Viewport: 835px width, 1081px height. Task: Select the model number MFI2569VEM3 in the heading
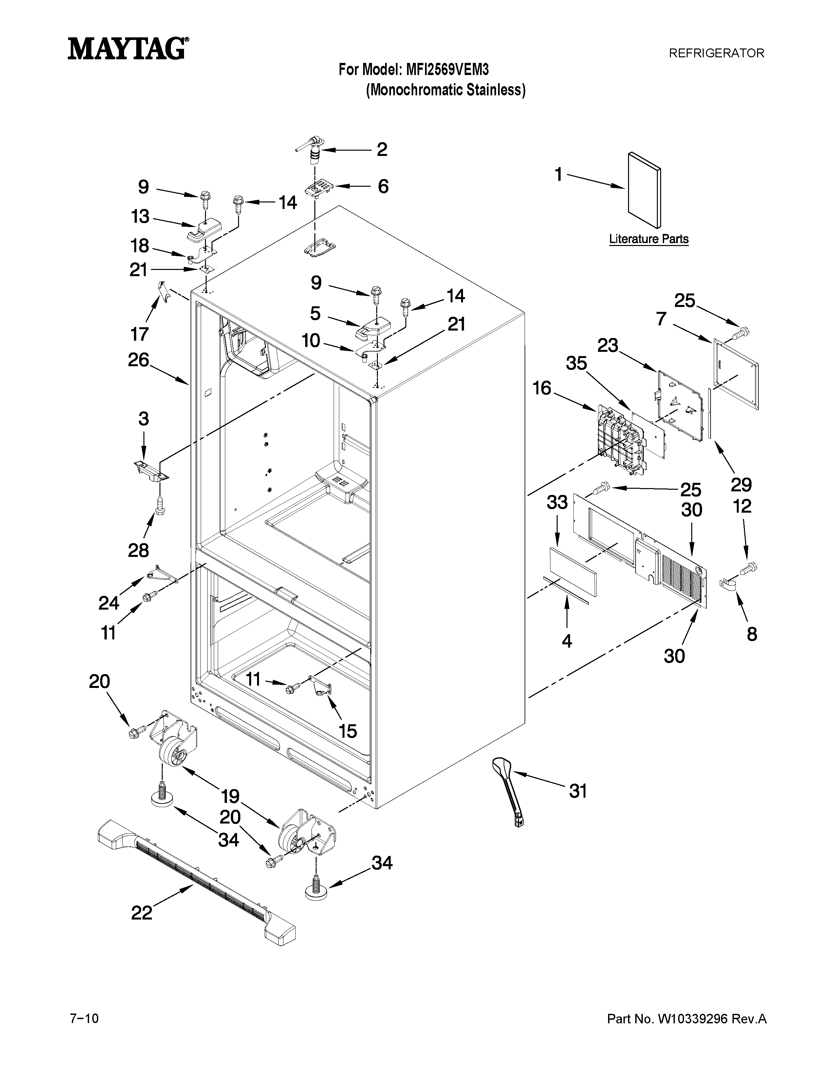click(x=447, y=69)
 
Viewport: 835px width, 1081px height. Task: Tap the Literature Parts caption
click(x=648, y=239)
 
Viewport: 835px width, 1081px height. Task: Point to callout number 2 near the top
click(x=382, y=149)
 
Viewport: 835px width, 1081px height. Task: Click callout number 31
click(x=578, y=791)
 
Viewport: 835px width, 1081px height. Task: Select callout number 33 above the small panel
click(x=557, y=503)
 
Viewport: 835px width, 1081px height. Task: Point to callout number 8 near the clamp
click(x=752, y=634)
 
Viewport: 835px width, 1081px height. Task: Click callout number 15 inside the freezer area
click(x=348, y=730)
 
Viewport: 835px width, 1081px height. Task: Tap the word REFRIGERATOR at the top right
click(x=716, y=53)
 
